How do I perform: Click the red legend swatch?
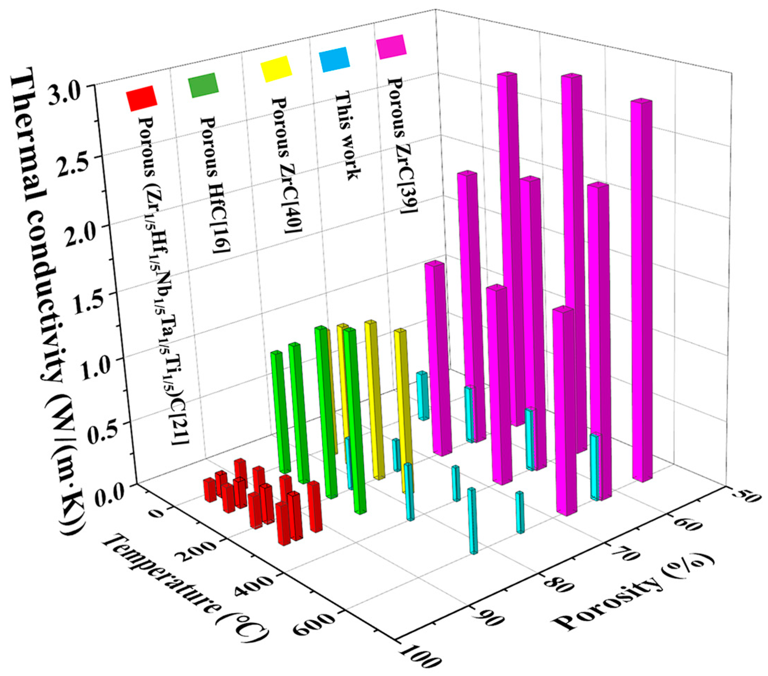[x=141, y=98]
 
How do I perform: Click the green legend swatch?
[x=203, y=85]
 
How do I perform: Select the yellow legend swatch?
[x=276, y=69]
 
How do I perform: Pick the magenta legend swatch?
[x=392, y=47]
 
